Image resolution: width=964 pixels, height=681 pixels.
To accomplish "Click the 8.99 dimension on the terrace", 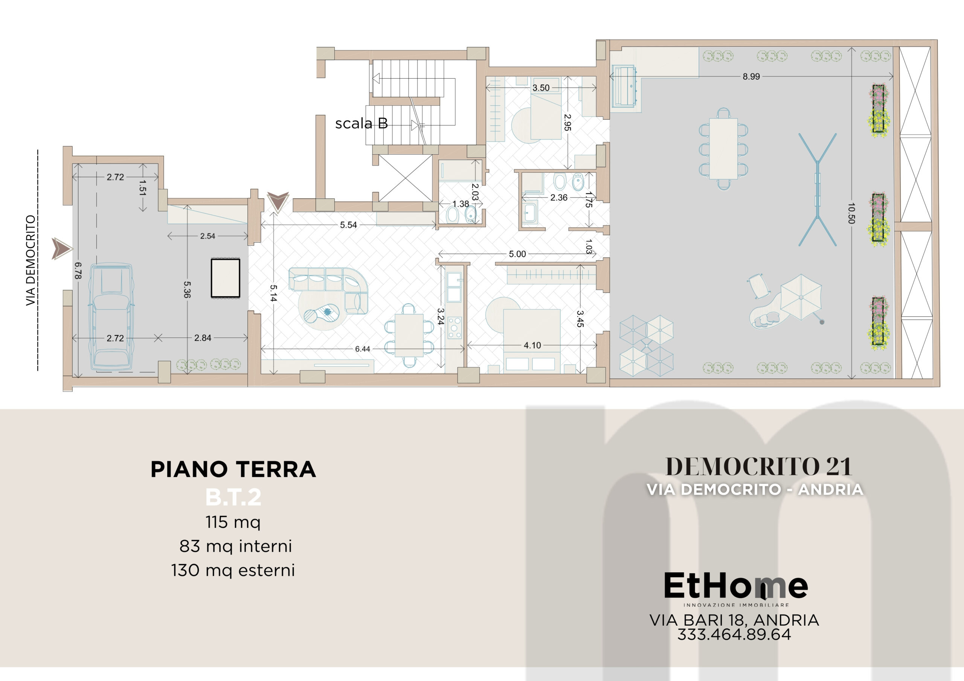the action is click(751, 76).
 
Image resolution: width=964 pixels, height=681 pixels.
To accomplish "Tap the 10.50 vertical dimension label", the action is click(851, 213).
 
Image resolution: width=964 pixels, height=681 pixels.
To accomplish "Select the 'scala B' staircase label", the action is click(361, 123).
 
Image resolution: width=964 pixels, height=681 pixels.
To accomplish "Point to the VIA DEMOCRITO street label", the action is click(31, 260).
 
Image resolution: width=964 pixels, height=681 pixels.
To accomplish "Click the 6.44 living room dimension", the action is click(362, 349).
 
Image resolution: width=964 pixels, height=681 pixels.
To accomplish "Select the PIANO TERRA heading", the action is click(233, 469).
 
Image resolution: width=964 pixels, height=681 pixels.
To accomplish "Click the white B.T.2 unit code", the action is click(233, 497).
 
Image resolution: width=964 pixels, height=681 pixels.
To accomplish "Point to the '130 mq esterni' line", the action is click(233, 571).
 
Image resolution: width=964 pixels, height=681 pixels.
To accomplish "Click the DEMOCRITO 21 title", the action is click(758, 467).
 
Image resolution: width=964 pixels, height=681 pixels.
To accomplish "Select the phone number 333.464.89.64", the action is click(734, 634).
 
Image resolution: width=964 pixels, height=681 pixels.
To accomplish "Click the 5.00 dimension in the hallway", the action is click(517, 254).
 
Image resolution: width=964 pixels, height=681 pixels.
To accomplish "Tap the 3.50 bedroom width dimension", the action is click(541, 88).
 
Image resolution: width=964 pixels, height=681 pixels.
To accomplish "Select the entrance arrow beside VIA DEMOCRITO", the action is click(62, 249).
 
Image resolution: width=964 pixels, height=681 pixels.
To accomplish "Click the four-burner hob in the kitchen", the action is click(454, 328).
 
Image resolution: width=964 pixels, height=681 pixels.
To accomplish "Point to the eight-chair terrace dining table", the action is click(723, 149).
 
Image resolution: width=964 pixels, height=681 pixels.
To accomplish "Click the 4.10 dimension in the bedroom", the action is click(532, 345).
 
